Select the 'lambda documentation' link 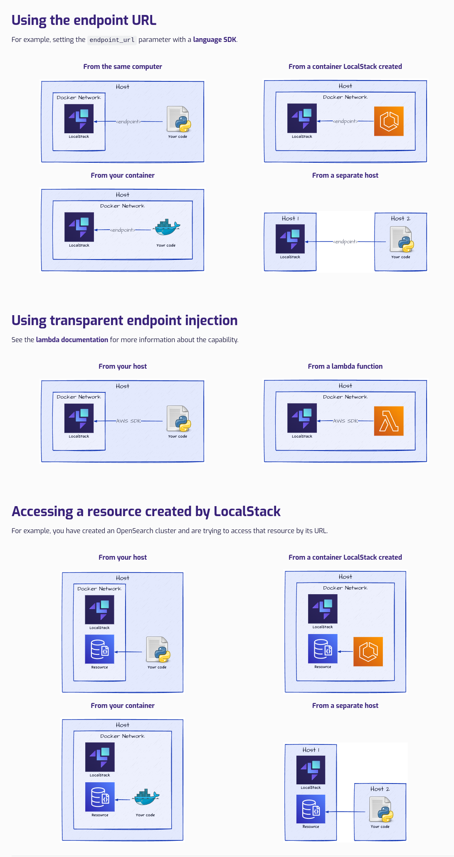click(72, 340)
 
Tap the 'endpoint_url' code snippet click(112, 40)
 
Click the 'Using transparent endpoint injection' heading click(124, 321)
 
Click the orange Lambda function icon click(389, 421)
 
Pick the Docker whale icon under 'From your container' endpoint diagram click(167, 228)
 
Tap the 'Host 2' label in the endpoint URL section click(400, 218)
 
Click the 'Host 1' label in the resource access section click(311, 750)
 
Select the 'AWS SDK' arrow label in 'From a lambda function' click(345, 421)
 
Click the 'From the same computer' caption click(123, 66)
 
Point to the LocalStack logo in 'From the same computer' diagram click(79, 118)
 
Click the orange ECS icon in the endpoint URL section click(389, 121)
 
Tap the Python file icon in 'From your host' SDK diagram click(179, 419)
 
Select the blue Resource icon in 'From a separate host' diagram click(311, 809)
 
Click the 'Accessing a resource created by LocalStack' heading click(146, 512)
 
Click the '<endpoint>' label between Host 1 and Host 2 click(345, 242)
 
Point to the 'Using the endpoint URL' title click(84, 20)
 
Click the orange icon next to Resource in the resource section click(368, 651)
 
